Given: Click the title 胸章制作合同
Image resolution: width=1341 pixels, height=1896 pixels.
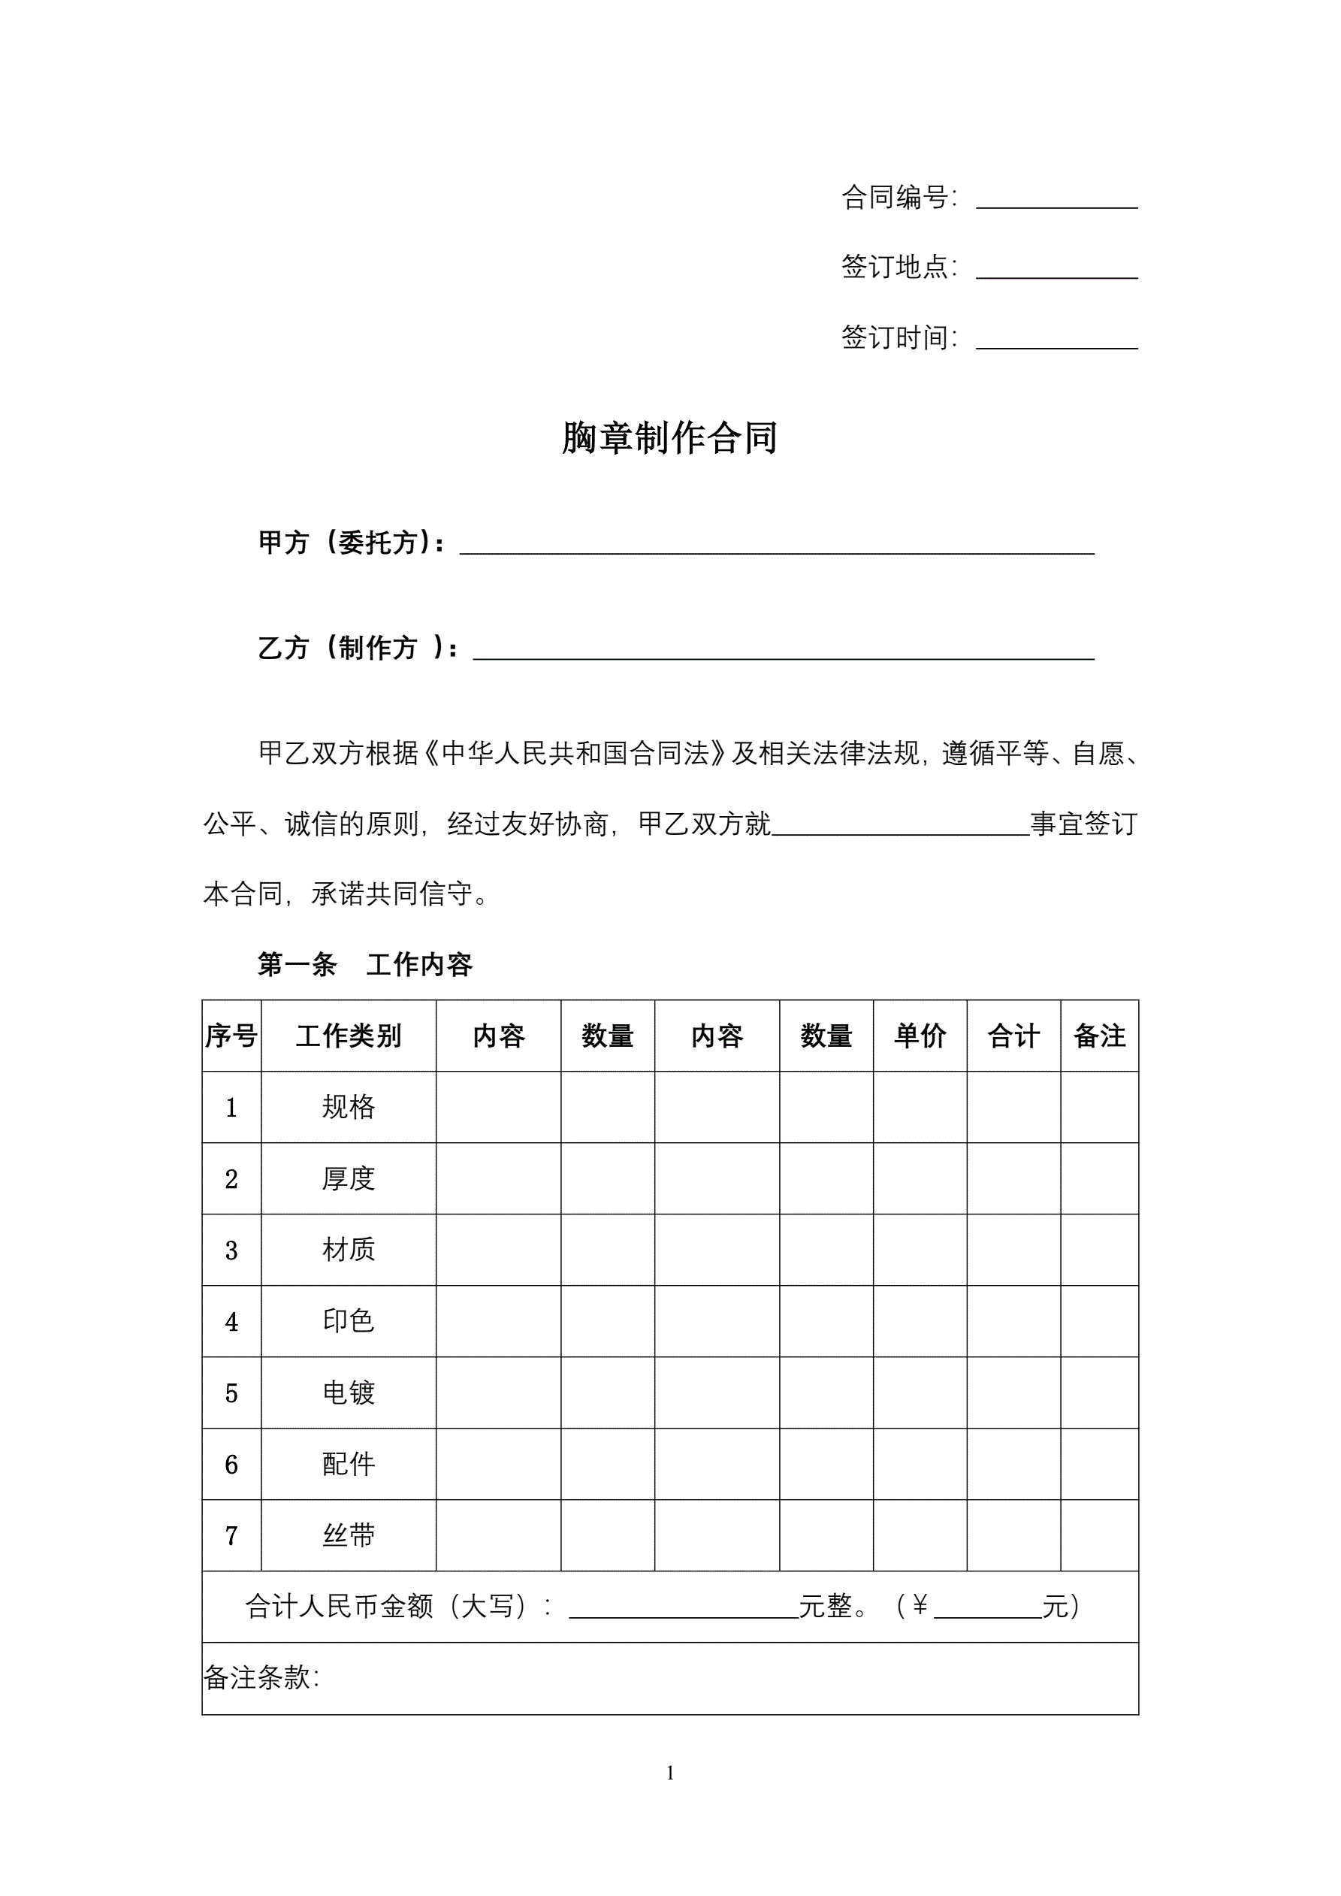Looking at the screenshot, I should [x=669, y=437].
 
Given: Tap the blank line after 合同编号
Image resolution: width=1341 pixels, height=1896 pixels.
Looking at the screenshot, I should [x=1056, y=201].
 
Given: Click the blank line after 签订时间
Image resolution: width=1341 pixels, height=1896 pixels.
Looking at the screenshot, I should [x=1056, y=342].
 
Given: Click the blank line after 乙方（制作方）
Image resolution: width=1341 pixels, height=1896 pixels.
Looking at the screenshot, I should [x=783, y=652].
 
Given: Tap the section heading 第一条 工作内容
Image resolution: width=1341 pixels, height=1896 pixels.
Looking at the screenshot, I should [x=365, y=963].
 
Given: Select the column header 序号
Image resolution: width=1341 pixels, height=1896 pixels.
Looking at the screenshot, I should [x=231, y=1036].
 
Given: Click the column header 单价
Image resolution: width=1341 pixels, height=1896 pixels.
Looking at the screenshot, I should [x=920, y=1036].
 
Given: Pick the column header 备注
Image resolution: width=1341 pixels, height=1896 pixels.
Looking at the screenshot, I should [x=1099, y=1036].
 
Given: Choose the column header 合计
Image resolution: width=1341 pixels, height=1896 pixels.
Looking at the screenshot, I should [x=1013, y=1036].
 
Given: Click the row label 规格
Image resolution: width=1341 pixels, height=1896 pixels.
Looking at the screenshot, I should [x=349, y=1106].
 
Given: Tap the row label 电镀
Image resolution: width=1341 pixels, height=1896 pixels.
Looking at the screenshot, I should [x=349, y=1393].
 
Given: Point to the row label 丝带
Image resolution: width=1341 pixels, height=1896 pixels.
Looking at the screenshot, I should [x=349, y=1535].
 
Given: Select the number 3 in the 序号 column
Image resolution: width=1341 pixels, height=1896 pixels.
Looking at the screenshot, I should [x=231, y=1250].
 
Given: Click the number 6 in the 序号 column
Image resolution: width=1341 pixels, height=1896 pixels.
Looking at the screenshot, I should [x=231, y=1464].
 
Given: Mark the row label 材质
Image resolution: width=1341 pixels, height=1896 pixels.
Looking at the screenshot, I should [x=349, y=1250].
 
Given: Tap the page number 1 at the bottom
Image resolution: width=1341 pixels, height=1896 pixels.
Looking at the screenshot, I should [x=669, y=1773].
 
